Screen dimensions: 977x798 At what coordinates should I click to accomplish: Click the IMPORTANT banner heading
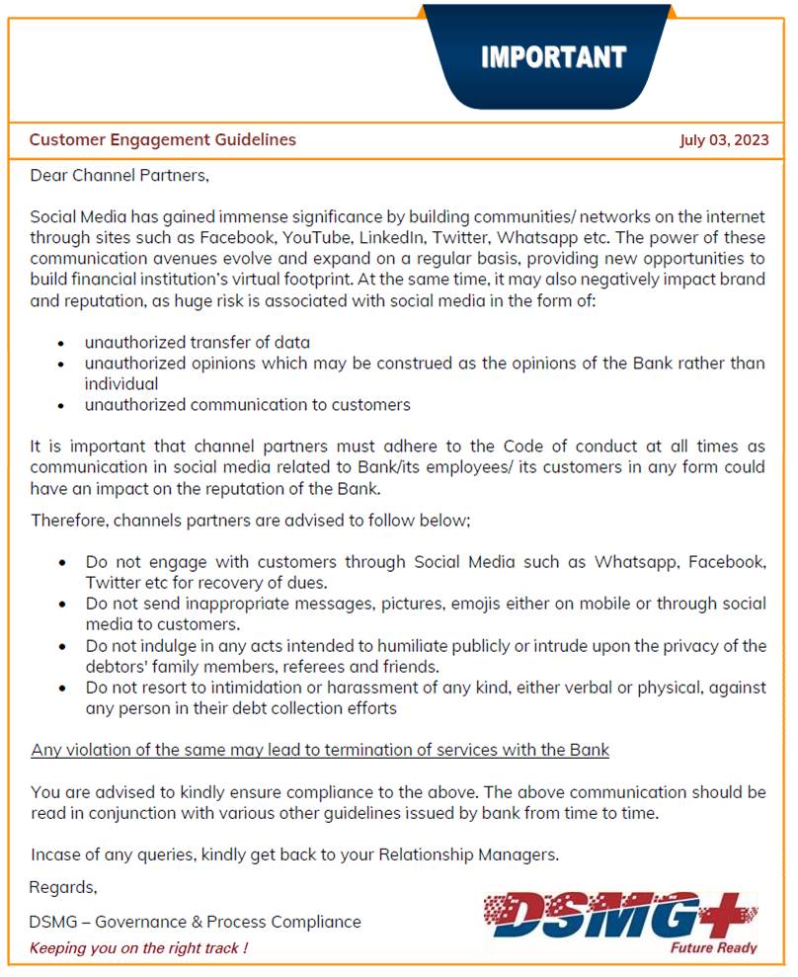tap(553, 57)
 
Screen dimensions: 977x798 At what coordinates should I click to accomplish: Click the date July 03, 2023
tap(724, 140)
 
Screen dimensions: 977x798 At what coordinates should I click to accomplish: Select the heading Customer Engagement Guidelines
tap(162, 140)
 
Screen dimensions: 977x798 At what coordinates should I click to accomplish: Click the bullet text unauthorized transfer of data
tap(198, 343)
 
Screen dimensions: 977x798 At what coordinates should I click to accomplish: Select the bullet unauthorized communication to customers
tap(247, 405)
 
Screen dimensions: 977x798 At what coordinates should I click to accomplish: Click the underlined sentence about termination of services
tap(320, 750)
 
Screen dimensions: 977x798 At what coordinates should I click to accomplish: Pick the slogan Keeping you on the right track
tap(138, 948)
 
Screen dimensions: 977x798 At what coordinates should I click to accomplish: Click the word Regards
tap(62, 886)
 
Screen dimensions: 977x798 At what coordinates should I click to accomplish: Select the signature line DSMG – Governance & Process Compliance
tap(195, 922)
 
